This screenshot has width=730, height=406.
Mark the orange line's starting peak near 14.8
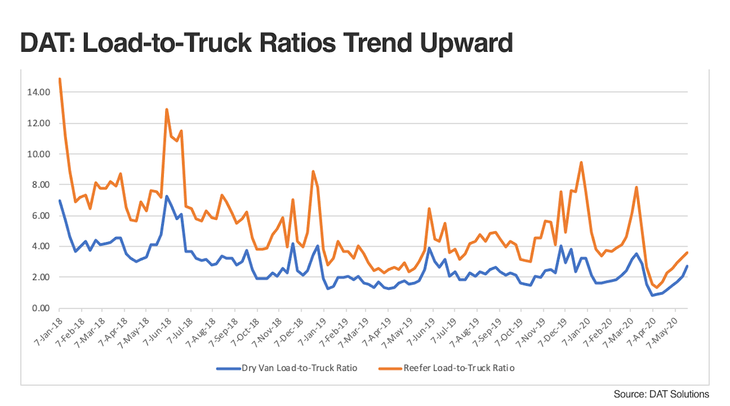coord(60,79)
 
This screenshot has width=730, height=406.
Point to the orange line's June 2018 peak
coord(167,109)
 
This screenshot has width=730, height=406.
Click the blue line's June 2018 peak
coord(167,196)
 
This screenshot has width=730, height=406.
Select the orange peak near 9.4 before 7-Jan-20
coord(581,162)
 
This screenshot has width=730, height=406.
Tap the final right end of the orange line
coord(687,253)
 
